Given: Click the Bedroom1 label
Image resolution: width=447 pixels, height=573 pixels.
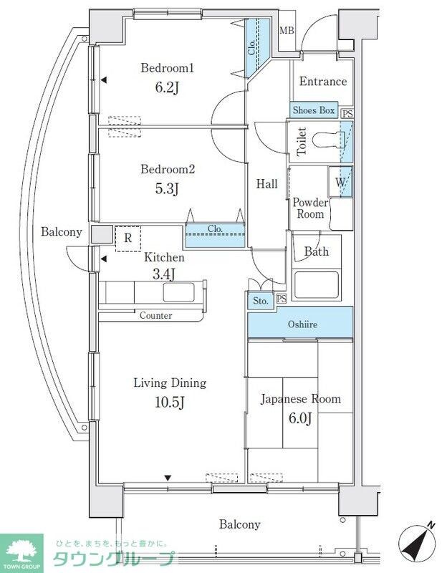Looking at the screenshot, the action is (x=167, y=68).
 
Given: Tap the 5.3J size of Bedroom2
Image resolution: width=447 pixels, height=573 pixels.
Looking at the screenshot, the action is (x=167, y=189).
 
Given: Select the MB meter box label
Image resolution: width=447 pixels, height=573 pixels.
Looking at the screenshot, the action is (x=287, y=30).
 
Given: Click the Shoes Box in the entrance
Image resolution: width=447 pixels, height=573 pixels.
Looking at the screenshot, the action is (x=314, y=110).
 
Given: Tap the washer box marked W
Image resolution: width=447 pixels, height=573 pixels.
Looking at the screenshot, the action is (x=340, y=182).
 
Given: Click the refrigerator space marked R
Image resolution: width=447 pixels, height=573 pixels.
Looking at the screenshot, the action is (x=128, y=239).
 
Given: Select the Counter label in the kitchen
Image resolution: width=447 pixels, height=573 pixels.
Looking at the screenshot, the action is (x=155, y=315).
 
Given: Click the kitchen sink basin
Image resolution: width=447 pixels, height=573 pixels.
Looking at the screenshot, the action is (x=178, y=293).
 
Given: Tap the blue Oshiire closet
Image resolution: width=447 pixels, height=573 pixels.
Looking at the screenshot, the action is (x=300, y=323).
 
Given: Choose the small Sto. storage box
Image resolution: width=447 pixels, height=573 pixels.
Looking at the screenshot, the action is (x=261, y=301).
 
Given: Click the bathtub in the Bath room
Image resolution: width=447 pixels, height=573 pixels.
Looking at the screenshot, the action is (x=317, y=286).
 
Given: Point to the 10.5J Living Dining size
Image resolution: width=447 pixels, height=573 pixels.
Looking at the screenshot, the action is (x=169, y=403).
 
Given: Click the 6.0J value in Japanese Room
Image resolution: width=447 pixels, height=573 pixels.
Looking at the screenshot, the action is (x=300, y=418).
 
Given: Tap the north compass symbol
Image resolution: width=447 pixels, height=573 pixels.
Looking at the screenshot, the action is (x=418, y=541).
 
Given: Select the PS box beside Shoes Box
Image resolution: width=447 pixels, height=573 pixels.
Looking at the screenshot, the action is (x=347, y=114).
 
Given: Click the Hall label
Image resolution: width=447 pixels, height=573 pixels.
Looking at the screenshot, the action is (x=266, y=184).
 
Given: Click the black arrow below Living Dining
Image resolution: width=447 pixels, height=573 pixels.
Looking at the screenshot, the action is (x=168, y=477).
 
